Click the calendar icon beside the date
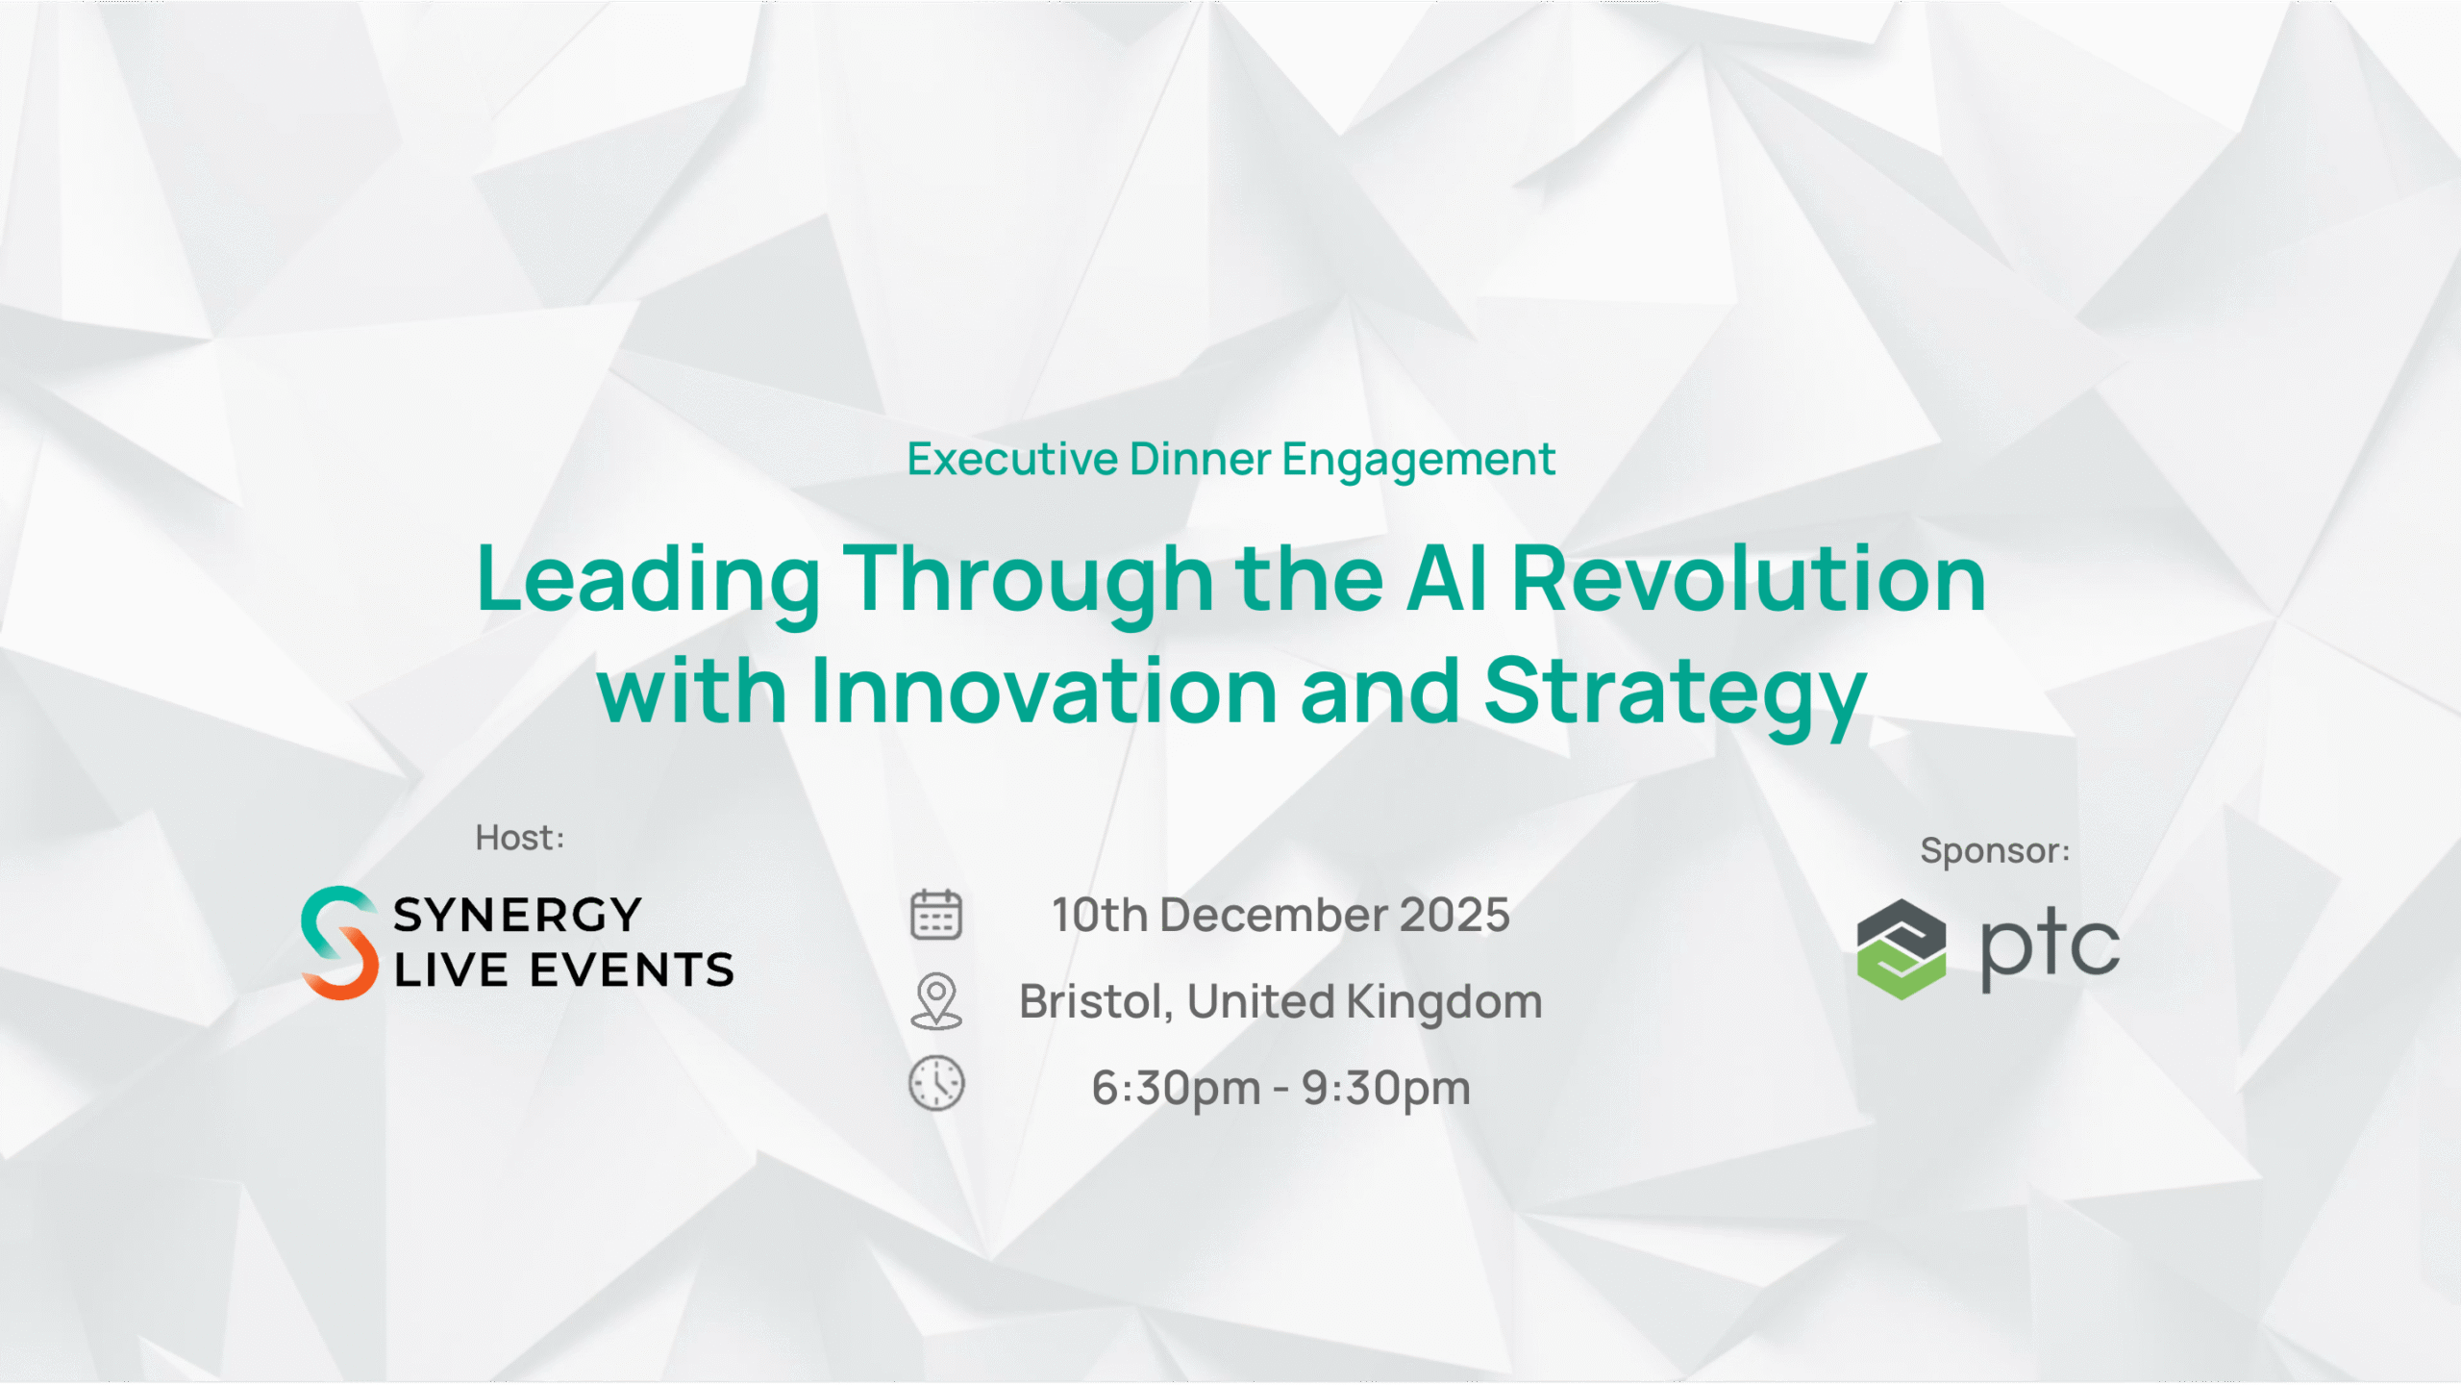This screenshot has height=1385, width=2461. coord(935,914)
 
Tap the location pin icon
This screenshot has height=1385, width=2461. coord(935,1001)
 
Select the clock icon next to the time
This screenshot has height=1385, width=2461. coord(935,1084)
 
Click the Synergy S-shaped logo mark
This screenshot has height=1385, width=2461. coord(339,943)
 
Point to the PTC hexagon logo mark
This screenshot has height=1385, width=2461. coord(1902,949)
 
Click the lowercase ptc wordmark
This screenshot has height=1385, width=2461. coord(2050,950)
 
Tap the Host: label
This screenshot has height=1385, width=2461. coord(520,838)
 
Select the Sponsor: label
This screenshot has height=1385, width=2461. coord(1995,851)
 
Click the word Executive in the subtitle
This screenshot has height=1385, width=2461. coord(1012,459)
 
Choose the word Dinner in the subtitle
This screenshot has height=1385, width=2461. coord(1200,459)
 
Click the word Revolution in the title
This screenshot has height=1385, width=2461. coord(1749,578)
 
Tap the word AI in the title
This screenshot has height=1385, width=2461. coord(1447,578)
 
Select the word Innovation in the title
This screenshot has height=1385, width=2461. coord(1044,691)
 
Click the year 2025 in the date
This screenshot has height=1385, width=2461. coord(1454,915)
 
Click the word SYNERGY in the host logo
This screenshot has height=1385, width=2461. coord(517,915)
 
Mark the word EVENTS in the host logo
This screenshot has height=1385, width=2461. coord(632,969)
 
